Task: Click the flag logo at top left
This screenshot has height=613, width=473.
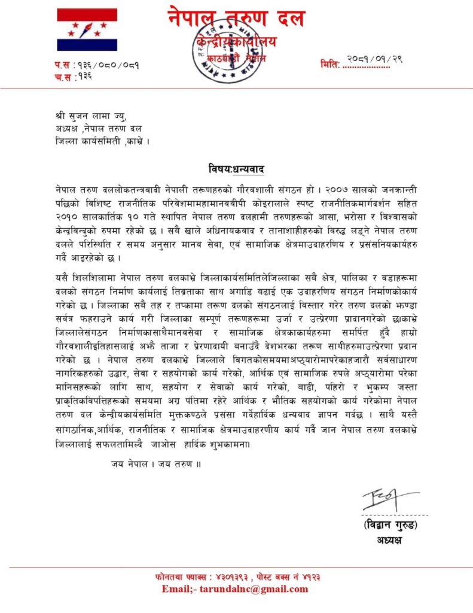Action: coord(88,30)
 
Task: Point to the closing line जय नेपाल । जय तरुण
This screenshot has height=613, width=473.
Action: coord(155,463)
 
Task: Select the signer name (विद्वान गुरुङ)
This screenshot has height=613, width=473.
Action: coord(390,526)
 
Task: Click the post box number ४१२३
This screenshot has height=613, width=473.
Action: coord(327,578)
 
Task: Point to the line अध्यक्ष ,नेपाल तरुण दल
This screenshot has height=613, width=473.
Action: coord(99,129)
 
